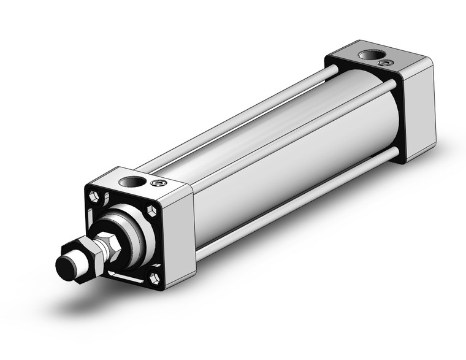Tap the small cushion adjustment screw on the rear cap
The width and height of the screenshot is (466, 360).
pyautogui.click(x=384, y=63)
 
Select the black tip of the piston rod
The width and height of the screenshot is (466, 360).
pyautogui.click(x=64, y=267)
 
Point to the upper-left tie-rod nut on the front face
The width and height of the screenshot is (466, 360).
pyautogui.click(x=94, y=197)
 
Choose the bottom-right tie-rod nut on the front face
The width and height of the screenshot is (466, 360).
pyautogui.click(x=155, y=278)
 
